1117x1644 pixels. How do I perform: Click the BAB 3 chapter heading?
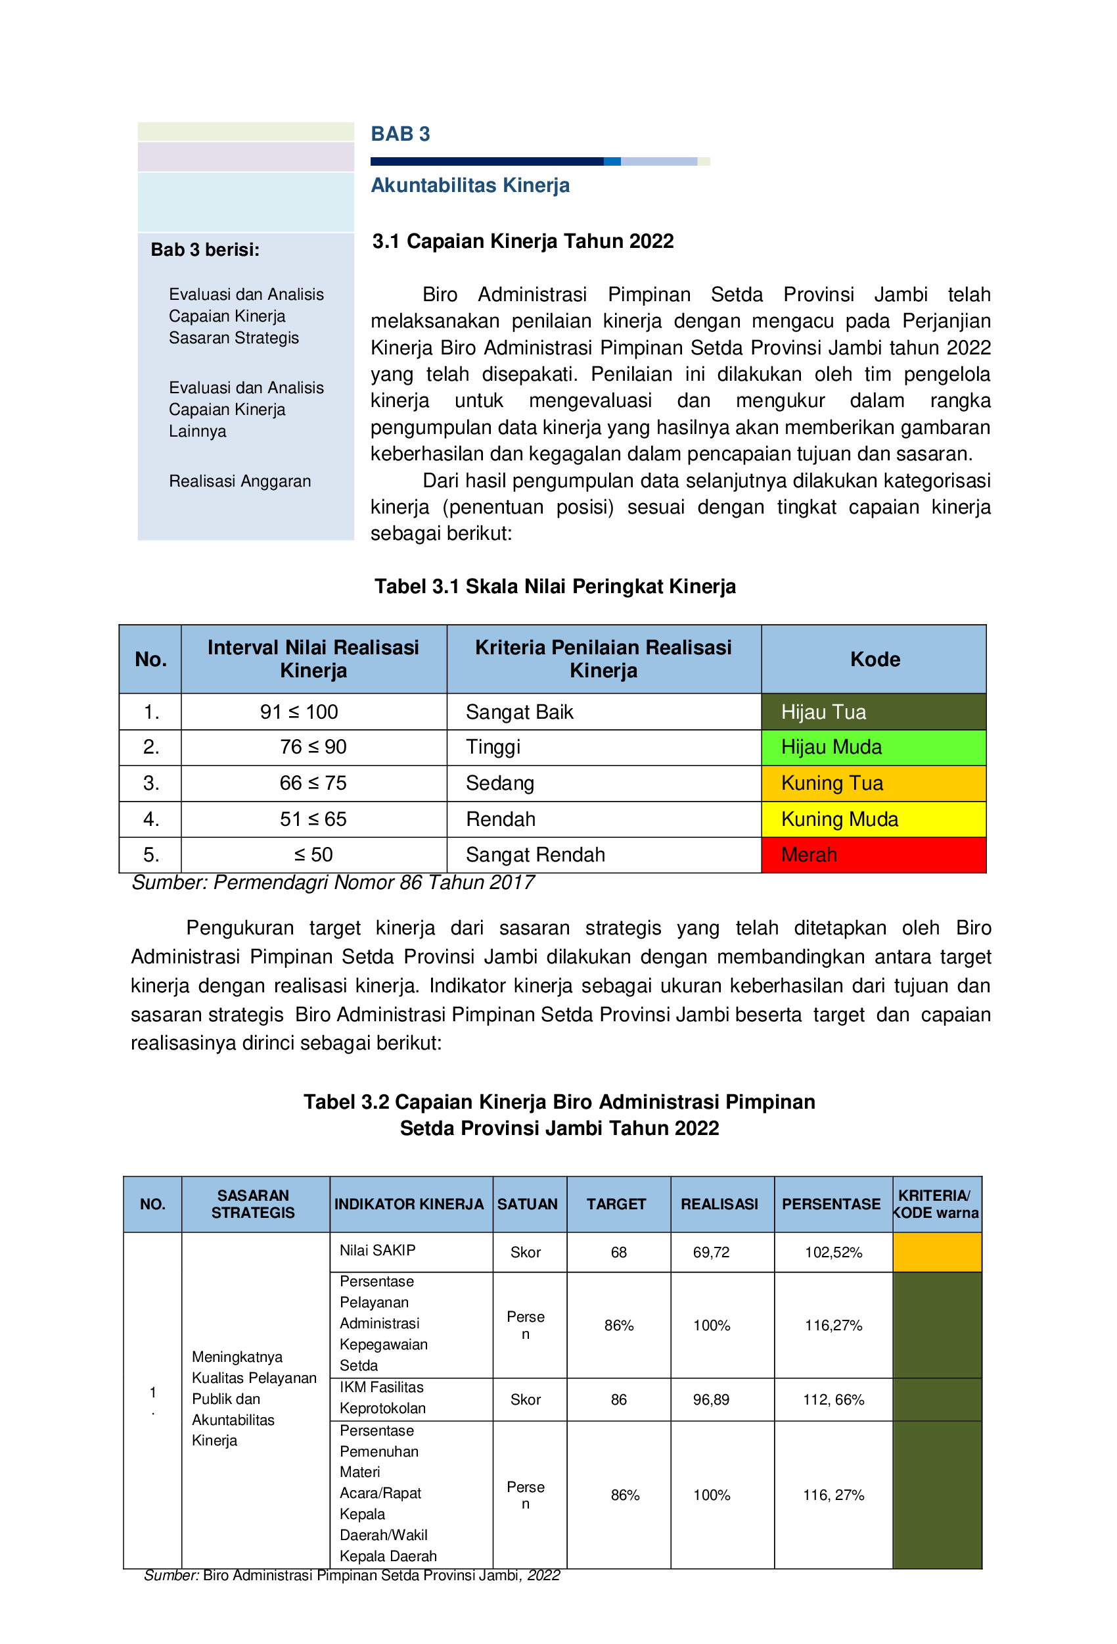pos(400,134)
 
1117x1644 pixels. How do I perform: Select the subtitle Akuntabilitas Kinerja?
pos(470,185)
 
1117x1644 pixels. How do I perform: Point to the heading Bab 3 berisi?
pos(205,250)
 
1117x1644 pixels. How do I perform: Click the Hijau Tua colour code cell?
pos(873,712)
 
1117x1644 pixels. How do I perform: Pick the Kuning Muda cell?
pos(873,820)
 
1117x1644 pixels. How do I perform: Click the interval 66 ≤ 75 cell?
pos(313,784)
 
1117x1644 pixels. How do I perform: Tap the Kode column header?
pos(875,660)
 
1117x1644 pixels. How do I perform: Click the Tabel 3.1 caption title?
pos(555,587)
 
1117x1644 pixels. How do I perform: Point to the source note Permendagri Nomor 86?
pos(332,883)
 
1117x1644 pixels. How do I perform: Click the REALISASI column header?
pos(719,1204)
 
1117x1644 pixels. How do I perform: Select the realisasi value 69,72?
pos(711,1253)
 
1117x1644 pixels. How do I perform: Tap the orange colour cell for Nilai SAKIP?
pos(937,1252)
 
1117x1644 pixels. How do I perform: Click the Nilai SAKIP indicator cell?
pos(378,1251)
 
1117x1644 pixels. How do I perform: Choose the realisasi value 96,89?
pos(711,1400)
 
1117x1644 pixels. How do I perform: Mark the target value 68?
pos(618,1253)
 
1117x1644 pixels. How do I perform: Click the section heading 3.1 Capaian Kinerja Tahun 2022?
pos(523,241)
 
